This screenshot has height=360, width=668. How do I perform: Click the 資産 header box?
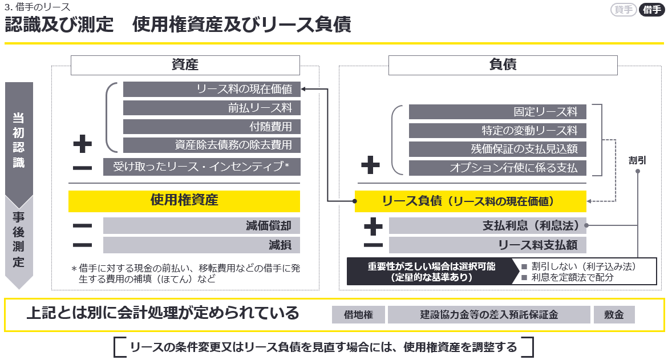[x=185, y=65]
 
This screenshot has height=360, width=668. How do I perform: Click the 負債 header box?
[x=503, y=65]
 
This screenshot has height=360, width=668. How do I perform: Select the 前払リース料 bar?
[x=211, y=108]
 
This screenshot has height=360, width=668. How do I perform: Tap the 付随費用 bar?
[x=211, y=127]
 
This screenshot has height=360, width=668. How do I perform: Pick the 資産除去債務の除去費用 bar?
[x=211, y=145]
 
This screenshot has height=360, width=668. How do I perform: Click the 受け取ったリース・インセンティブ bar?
[x=201, y=167]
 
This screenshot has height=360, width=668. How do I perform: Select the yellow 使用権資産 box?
[x=184, y=200]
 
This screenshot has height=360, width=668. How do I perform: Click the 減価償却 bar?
[x=201, y=225]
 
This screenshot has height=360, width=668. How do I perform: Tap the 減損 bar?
[x=201, y=245]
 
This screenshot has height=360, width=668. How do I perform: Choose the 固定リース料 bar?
[x=497, y=112]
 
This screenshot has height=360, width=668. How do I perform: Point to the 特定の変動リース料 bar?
[x=497, y=131]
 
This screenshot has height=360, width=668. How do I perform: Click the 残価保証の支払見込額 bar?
[x=497, y=149]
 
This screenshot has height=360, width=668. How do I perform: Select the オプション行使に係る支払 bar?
[x=497, y=168]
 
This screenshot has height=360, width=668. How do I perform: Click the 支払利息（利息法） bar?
[x=487, y=225]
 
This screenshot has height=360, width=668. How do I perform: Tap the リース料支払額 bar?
[x=487, y=245]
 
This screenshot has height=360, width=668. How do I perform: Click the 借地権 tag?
[x=358, y=315]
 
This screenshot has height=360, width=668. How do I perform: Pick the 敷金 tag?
[x=614, y=315]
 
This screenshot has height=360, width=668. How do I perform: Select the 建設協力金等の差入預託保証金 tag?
[x=489, y=315]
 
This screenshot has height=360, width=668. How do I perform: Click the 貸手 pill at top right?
[x=623, y=10]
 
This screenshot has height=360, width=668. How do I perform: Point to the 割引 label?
[x=637, y=160]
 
